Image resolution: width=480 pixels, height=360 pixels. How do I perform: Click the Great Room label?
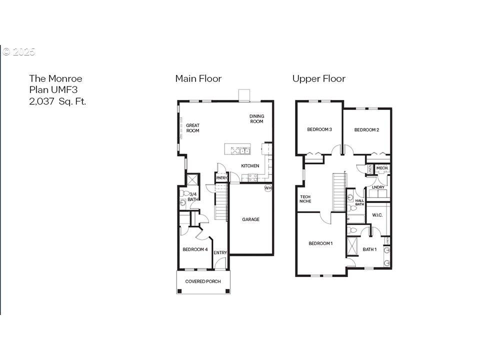point(192,128)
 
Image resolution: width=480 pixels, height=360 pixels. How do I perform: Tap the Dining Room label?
point(257,119)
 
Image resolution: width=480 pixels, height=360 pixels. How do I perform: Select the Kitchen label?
point(250,165)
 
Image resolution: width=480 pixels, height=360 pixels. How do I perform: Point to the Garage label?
point(250,219)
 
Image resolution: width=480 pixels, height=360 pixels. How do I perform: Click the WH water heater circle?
point(268,188)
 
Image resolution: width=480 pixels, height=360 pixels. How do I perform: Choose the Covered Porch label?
point(203,281)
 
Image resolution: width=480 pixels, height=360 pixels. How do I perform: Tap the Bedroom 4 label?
point(195,249)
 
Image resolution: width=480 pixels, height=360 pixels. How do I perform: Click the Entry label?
point(220,253)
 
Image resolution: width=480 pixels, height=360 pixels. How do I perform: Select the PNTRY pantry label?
point(221,177)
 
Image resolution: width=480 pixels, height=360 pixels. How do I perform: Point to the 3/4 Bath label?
point(193,196)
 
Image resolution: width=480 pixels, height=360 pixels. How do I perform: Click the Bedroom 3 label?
point(319,129)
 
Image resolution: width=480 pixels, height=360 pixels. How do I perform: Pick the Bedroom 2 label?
point(366,130)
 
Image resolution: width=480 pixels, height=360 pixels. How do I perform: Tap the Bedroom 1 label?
point(320,243)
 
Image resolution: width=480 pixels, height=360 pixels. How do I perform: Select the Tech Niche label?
point(305,199)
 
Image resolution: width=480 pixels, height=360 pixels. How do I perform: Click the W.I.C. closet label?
point(377,215)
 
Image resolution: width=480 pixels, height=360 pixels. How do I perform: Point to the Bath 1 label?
point(369,249)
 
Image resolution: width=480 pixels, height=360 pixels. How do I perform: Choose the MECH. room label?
point(382,168)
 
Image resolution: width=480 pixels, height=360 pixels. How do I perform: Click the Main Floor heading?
point(198,78)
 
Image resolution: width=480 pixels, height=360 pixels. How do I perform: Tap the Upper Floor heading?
point(318,78)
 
